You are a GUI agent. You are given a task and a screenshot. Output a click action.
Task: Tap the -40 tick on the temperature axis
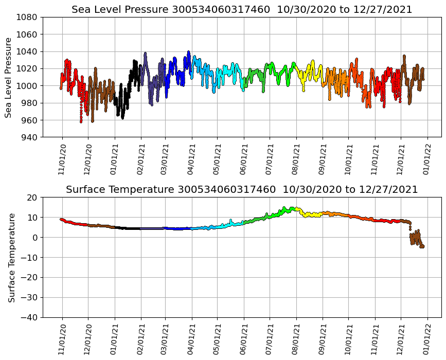tap(29, 317)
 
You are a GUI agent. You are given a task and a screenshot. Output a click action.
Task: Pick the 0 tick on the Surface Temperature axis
tap(35, 238)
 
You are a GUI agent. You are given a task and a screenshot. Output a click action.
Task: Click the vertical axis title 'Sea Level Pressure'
tap(9, 77)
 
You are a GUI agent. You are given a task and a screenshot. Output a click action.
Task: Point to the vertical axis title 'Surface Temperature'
tap(11, 257)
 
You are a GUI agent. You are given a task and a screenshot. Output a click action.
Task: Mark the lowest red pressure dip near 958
tap(81, 121)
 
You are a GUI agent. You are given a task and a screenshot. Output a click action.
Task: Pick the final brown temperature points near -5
tap(422, 246)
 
